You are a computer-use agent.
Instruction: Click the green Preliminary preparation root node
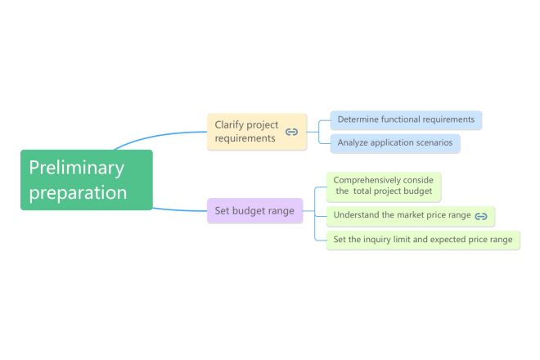pos(87,180)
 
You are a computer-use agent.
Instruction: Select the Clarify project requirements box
pos(257,132)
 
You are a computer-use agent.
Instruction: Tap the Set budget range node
pos(254,210)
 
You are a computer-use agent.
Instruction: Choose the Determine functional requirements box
pos(406,120)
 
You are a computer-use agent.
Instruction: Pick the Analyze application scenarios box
pos(395,143)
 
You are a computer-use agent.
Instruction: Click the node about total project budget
pos(384,187)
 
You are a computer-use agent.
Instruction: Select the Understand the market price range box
pos(411,216)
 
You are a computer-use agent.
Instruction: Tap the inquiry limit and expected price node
pos(423,240)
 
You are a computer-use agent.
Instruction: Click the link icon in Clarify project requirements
pos(292,132)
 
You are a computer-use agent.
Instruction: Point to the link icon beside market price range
pos(481,216)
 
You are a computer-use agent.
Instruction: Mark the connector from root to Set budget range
pos(180,210)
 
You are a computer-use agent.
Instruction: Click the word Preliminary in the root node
pos(76,168)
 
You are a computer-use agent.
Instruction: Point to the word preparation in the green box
pos(79,193)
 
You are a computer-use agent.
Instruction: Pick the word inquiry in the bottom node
pos(376,240)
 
